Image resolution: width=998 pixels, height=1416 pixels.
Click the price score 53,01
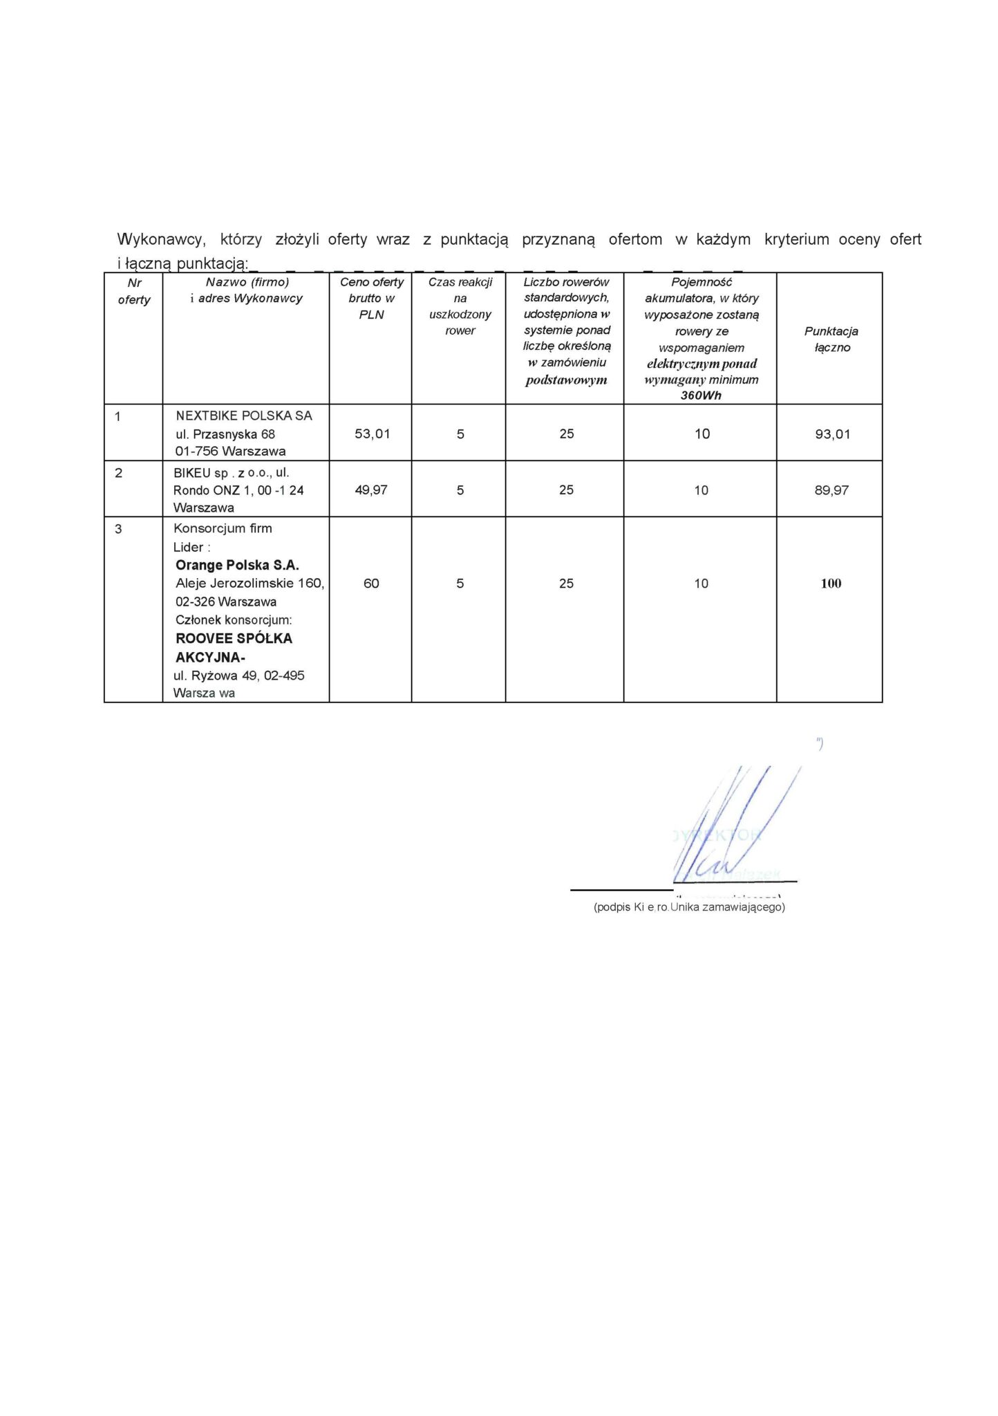click(372, 434)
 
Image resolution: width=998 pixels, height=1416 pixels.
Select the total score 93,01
click(832, 435)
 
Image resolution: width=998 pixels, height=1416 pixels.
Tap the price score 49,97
click(371, 490)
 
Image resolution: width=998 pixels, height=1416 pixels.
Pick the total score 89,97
click(831, 491)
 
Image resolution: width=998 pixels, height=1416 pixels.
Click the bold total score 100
click(831, 584)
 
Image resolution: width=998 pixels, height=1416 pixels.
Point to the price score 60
click(371, 584)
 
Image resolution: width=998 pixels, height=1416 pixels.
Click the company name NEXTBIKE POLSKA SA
click(244, 416)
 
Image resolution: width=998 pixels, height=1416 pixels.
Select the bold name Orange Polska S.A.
click(237, 566)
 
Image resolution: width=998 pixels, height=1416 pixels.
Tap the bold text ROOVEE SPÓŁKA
click(234, 639)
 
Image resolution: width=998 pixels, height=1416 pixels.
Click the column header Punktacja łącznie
click(831, 339)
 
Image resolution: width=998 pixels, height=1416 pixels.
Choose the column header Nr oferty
click(134, 291)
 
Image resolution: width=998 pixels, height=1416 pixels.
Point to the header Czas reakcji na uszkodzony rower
click(460, 306)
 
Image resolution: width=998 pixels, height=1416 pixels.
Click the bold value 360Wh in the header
click(701, 396)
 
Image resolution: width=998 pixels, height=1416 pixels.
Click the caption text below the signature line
click(689, 907)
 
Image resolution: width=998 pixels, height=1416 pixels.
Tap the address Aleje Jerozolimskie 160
click(249, 584)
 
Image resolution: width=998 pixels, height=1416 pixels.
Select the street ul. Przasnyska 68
click(225, 435)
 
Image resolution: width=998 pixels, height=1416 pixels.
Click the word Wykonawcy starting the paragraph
click(161, 240)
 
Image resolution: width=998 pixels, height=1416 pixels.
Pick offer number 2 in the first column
click(118, 473)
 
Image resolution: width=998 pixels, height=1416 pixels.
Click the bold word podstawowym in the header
click(566, 380)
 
